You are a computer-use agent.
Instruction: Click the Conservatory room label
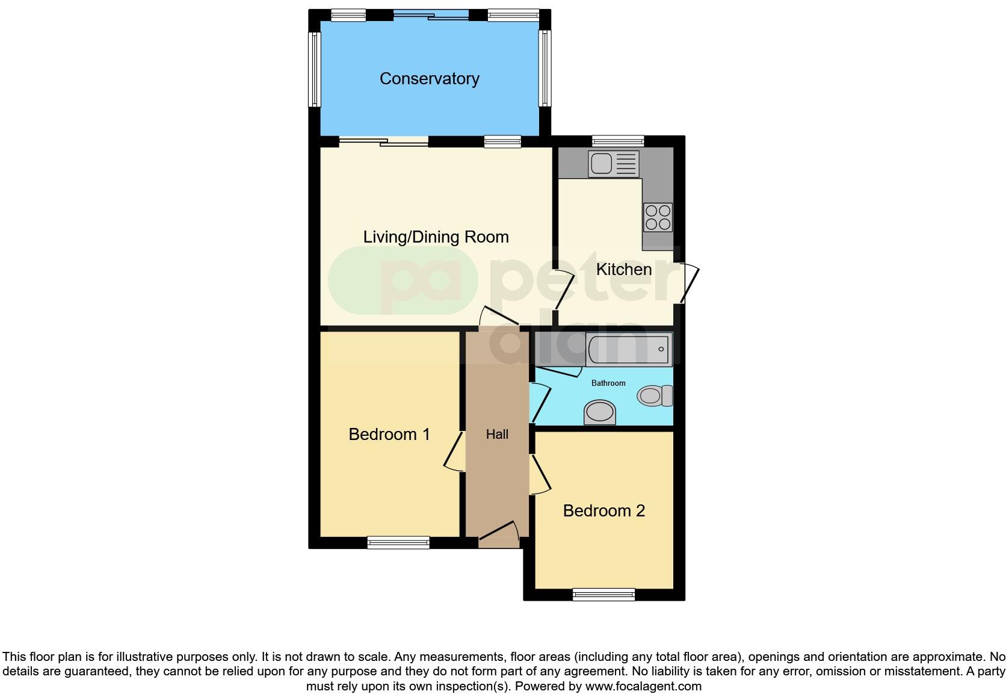(x=429, y=79)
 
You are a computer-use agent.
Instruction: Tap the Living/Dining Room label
(x=436, y=237)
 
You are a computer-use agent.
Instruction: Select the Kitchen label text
(x=623, y=270)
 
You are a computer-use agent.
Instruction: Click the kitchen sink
(x=613, y=164)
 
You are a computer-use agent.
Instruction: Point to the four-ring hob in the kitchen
(x=657, y=217)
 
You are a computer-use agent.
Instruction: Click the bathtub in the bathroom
(x=628, y=349)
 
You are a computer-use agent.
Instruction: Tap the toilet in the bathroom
(x=655, y=396)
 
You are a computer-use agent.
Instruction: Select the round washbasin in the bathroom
(x=600, y=413)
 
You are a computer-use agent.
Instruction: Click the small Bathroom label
(x=608, y=383)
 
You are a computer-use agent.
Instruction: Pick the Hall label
(x=497, y=435)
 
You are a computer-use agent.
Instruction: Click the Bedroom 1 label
(x=389, y=435)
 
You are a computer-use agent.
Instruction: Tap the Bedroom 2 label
(x=603, y=511)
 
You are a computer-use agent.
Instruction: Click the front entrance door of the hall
(x=499, y=534)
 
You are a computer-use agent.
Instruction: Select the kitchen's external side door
(x=689, y=283)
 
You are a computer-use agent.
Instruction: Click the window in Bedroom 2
(x=603, y=595)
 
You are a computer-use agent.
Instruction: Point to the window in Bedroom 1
(x=398, y=543)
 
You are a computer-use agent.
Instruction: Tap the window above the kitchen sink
(x=618, y=141)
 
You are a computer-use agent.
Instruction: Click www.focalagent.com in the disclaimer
(x=643, y=686)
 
